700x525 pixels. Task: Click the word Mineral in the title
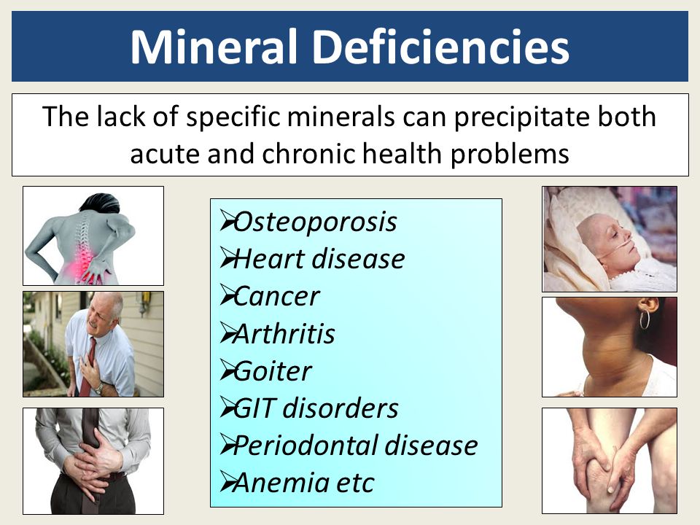(214, 47)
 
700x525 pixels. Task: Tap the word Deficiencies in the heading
(441, 47)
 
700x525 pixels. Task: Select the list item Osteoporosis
(315, 222)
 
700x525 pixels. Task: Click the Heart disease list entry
(319, 259)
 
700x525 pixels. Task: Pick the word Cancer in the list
(276, 297)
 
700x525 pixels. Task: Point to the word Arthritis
(284, 334)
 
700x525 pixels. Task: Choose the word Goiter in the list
(272, 371)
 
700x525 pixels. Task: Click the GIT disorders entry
(316, 408)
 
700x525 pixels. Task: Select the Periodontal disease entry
(355, 446)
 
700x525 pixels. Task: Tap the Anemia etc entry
(303, 483)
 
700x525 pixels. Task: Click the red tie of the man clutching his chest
(87, 366)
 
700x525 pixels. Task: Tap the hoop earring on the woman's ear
(644, 319)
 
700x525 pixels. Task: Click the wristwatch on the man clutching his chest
(98, 389)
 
